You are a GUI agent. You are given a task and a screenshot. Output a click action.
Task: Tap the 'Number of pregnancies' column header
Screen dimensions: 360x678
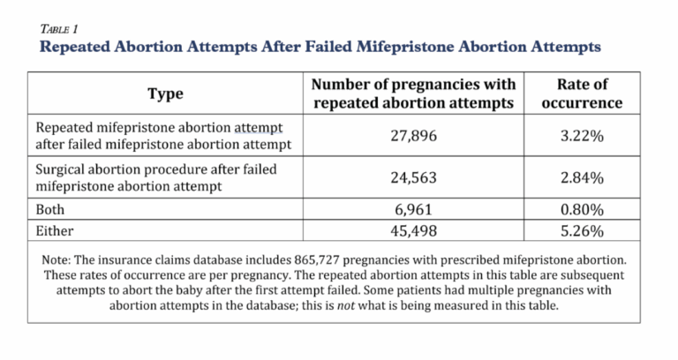[412, 92]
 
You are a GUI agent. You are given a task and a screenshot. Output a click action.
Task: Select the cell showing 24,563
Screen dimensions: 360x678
[412, 177]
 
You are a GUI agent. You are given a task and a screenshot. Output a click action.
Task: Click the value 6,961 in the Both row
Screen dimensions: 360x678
[412, 211]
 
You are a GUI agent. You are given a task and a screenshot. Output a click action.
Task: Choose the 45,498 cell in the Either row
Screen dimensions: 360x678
[412, 232]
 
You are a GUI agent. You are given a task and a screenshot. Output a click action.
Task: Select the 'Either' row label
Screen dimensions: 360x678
[55, 232]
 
